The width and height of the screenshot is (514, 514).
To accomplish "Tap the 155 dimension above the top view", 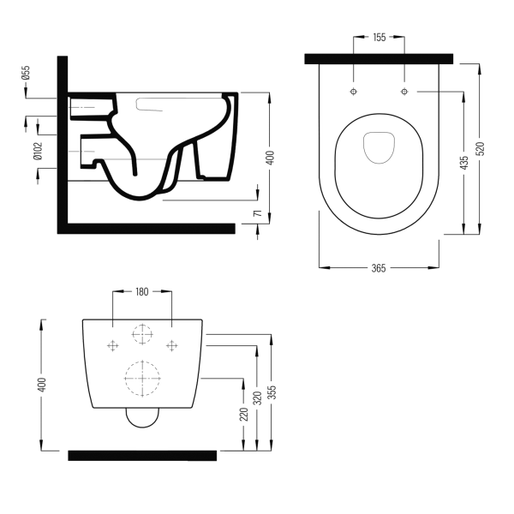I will click(380, 37).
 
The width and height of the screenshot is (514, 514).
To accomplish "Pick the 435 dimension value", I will click(465, 164).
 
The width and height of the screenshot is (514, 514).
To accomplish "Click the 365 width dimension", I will click(379, 268).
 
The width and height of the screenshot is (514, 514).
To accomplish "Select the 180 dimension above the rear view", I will click(143, 292).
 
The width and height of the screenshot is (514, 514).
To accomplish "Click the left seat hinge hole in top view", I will click(354, 90).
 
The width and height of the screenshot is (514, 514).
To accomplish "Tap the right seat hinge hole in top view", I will click(403, 90).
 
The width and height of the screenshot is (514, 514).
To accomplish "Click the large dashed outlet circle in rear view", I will click(142, 376).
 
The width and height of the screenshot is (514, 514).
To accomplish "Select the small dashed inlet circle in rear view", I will click(142, 334).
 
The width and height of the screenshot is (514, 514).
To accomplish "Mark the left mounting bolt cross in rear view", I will click(112, 344).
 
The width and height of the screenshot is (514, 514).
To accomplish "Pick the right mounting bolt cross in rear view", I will click(172, 344).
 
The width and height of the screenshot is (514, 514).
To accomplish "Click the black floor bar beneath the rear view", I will click(141, 455).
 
